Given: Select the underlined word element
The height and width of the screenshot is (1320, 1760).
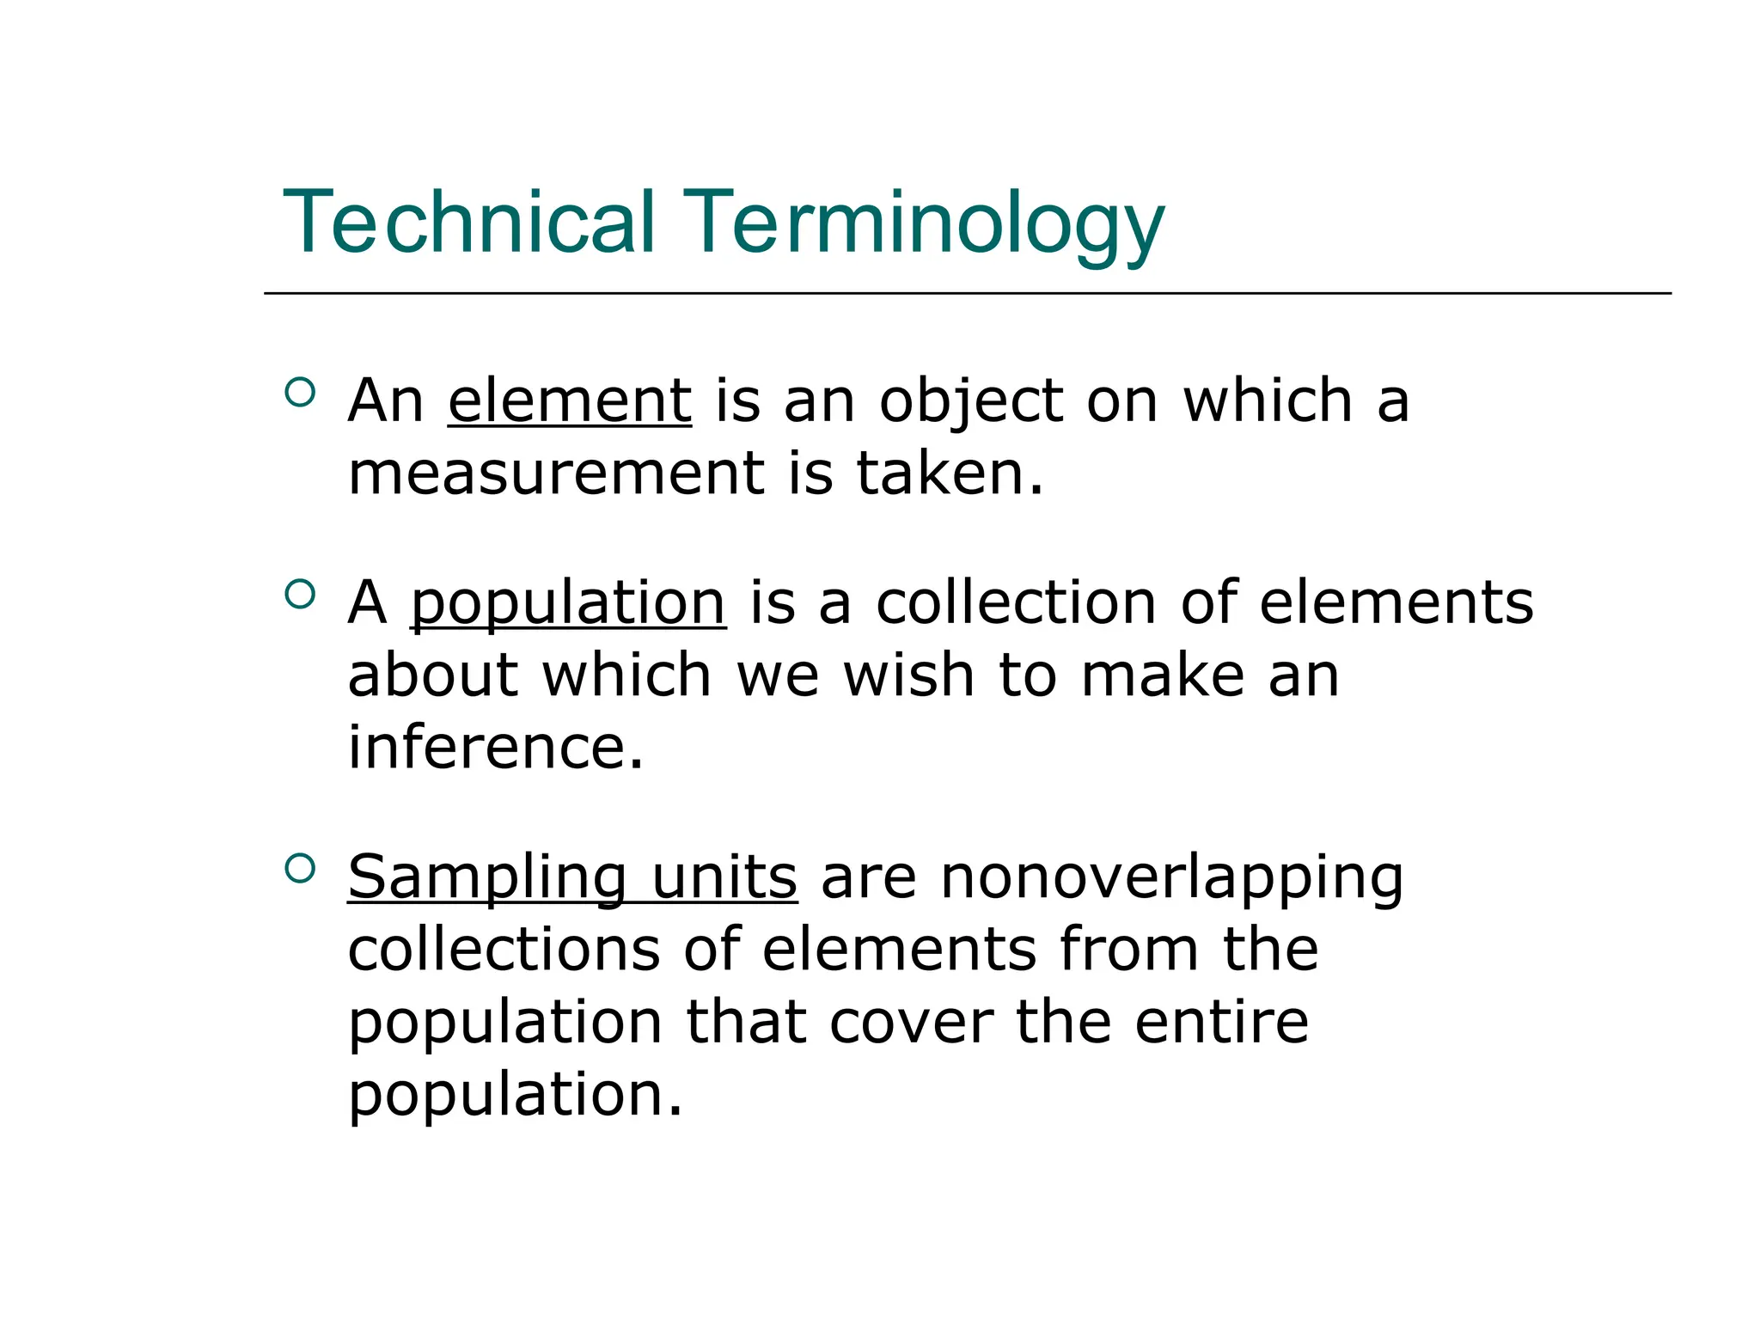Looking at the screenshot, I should pos(570,400).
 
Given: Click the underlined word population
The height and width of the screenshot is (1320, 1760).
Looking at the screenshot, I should pos(568,603).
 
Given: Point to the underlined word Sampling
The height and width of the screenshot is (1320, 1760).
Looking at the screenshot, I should pos(487,878).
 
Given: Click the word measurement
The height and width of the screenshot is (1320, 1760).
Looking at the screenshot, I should pos(556,474).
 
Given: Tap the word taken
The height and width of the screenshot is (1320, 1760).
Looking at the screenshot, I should pos(950,474).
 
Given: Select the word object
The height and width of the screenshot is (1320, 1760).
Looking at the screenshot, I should pos(971,402).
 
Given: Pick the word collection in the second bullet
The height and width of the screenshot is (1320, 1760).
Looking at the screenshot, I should pos(1017,602).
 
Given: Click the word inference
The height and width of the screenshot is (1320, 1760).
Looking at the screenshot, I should pos(495,747).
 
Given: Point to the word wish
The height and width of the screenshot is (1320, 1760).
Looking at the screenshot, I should pos(908,675).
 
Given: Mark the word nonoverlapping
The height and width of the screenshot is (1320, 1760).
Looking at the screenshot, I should pos(1171,878).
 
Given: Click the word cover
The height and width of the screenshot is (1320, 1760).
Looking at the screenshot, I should pos(911,1022).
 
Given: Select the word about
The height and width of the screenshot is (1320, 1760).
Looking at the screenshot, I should pos(433,675).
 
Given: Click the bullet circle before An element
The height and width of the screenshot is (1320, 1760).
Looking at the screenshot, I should pos(299,393).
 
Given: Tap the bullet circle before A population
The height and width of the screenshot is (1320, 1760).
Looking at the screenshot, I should pos(299,594).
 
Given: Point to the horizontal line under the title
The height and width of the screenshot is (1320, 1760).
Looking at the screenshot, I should pos(967,293).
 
